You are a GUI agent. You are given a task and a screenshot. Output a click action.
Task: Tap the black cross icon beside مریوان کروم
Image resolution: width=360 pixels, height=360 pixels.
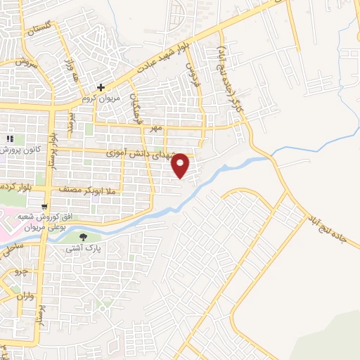click(x=101, y=88)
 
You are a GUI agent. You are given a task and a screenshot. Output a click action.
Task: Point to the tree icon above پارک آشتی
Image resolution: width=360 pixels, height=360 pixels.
click(x=84, y=237)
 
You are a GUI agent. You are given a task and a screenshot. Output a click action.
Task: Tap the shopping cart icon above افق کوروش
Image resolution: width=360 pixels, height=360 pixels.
click(x=45, y=207)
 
